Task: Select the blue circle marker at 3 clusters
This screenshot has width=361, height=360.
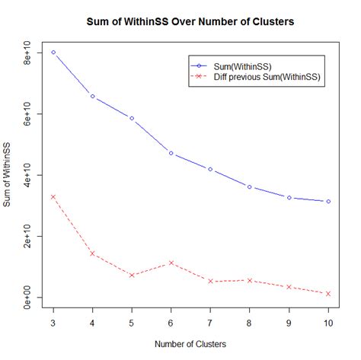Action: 53,53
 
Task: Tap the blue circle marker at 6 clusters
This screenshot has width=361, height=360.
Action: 171,153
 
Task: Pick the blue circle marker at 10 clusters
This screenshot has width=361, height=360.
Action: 328,201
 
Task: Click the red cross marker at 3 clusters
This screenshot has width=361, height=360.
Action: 53,196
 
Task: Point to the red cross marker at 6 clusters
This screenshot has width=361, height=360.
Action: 171,263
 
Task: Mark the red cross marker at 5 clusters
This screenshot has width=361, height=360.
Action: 132,275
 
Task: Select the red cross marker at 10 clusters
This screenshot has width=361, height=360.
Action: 328,293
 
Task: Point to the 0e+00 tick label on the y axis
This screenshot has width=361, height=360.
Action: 25,297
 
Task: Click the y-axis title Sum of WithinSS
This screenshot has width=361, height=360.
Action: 8,175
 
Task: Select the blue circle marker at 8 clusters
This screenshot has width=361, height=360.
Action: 250,186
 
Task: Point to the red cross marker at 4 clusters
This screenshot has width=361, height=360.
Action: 93,253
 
